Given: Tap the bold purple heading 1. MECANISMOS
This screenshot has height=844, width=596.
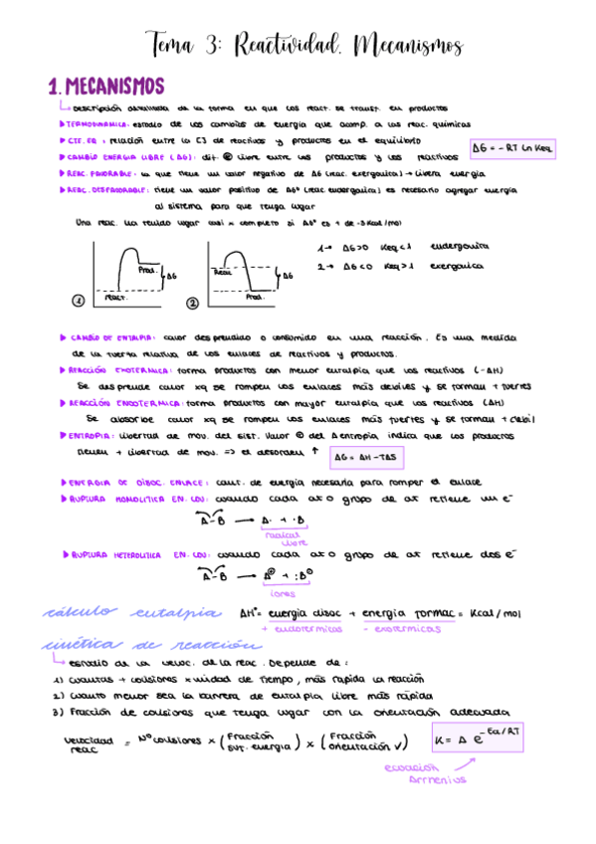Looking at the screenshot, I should point(106,87).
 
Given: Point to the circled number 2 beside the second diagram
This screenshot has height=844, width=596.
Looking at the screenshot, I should point(192,302).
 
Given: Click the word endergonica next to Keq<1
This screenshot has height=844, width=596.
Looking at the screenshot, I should point(460,246).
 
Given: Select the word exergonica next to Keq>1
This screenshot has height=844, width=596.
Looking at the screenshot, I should point(458,266).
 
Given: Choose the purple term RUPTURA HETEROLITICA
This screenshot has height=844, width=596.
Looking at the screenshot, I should point(111,553).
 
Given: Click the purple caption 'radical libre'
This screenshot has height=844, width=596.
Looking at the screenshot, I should point(293,537).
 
